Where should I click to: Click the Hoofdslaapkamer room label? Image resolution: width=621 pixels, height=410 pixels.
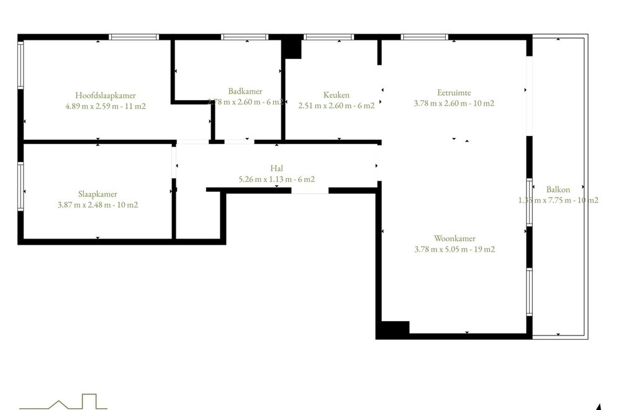[106, 95]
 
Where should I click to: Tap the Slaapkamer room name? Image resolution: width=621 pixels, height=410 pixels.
[97, 194]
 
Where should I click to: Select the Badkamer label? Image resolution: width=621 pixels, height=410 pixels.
[245, 91]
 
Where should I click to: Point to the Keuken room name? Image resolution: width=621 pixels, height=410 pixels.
[337, 95]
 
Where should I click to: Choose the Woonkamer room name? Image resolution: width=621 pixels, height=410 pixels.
[455, 239]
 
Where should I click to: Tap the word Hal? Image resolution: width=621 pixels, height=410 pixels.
[276, 168]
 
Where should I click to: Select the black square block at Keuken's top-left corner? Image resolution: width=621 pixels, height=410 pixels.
[291, 47]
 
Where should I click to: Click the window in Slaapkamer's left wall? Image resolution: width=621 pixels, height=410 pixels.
[20, 186]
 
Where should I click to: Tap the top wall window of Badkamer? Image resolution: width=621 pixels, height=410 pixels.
[245, 37]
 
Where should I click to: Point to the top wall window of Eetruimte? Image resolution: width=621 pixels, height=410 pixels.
[424, 37]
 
